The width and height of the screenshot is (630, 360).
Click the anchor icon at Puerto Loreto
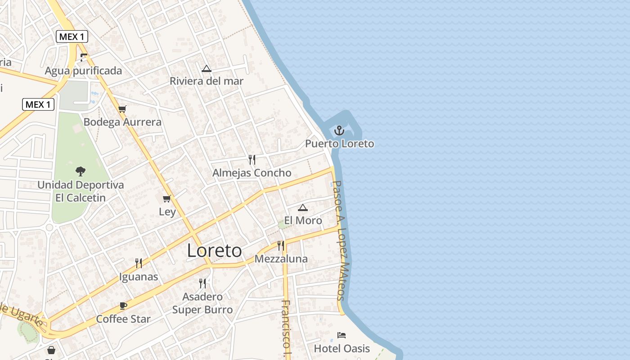(339, 130)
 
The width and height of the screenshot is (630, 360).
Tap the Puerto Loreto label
(339, 144)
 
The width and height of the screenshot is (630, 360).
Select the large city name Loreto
(214, 251)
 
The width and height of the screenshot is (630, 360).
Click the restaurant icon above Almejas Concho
(252, 160)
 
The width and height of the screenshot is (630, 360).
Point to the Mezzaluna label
(281, 259)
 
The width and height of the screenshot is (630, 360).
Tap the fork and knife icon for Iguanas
(139, 263)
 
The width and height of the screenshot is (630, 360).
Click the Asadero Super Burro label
(202, 303)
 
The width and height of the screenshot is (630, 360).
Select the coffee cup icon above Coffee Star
(123, 306)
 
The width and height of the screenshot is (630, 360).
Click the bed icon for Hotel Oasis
(342, 335)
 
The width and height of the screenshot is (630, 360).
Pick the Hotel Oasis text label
(342, 348)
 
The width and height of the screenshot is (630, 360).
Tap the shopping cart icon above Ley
(167, 198)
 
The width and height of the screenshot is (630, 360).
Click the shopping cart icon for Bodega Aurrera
(122, 109)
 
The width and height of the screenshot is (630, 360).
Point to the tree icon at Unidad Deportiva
(81, 171)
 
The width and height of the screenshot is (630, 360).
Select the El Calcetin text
(81, 198)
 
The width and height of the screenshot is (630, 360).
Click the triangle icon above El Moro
(303, 207)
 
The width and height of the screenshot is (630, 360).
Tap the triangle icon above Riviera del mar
(207, 68)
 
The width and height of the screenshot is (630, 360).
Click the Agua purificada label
(83, 71)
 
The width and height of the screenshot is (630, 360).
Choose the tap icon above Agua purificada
(83, 57)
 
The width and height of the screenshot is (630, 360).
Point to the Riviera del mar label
(207, 81)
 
